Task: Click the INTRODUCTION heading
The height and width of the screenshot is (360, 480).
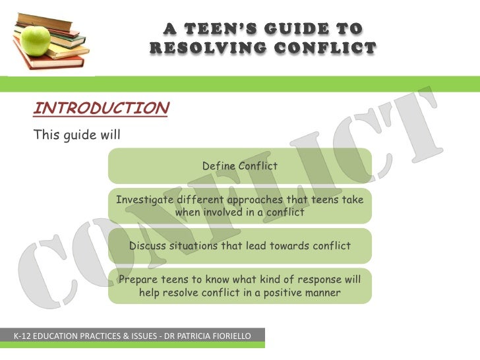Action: [x=101, y=108]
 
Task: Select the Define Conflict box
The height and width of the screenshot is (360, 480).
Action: [x=239, y=165]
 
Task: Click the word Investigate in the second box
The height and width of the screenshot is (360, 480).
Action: [x=145, y=200]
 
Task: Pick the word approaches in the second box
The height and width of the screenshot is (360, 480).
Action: [x=256, y=200]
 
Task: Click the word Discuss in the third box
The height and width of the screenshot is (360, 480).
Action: [x=148, y=246]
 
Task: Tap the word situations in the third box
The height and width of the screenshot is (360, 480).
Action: [x=206, y=246]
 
